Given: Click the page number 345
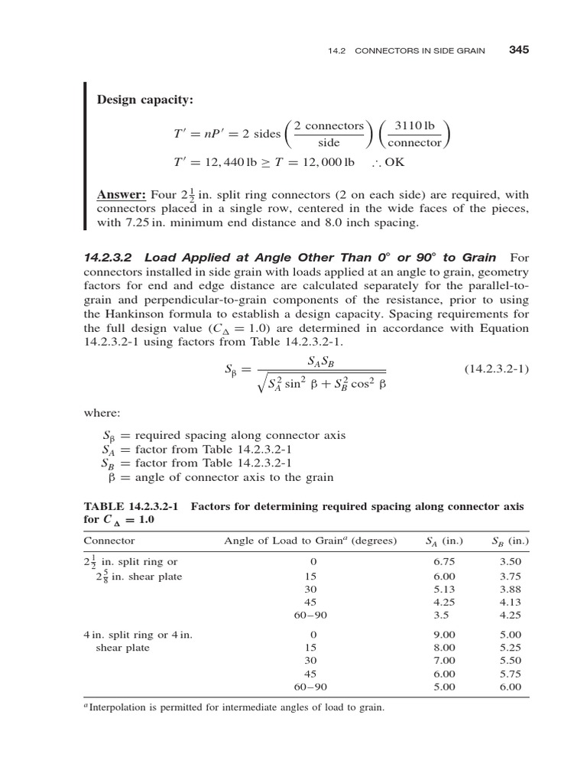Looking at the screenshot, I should pyautogui.click(x=518, y=50).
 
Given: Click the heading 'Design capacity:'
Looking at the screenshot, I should pyautogui.click(x=144, y=100).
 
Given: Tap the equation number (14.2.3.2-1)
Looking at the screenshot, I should pyautogui.click(x=496, y=369).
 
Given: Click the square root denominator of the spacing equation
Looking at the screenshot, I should pyautogui.click(x=322, y=383).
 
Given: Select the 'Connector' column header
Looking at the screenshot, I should pyautogui.click(x=109, y=541).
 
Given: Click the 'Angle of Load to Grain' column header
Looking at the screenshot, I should pyautogui.click(x=310, y=541).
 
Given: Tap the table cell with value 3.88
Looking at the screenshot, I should pyautogui.click(x=509, y=589).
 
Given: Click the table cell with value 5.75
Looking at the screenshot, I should pyautogui.click(x=509, y=674).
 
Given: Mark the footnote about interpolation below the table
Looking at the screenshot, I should pyautogui.click(x=233, y=708).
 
